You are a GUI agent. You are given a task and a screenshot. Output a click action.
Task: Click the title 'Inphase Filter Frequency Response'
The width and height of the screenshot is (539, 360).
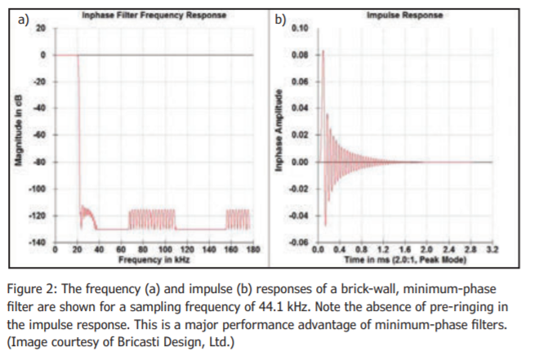click(154, 16)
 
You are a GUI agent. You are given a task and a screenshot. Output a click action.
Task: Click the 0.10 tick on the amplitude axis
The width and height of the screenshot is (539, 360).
click(300, 29)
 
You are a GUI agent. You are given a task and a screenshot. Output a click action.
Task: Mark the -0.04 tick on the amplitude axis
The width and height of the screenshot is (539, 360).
click(299, 216)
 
